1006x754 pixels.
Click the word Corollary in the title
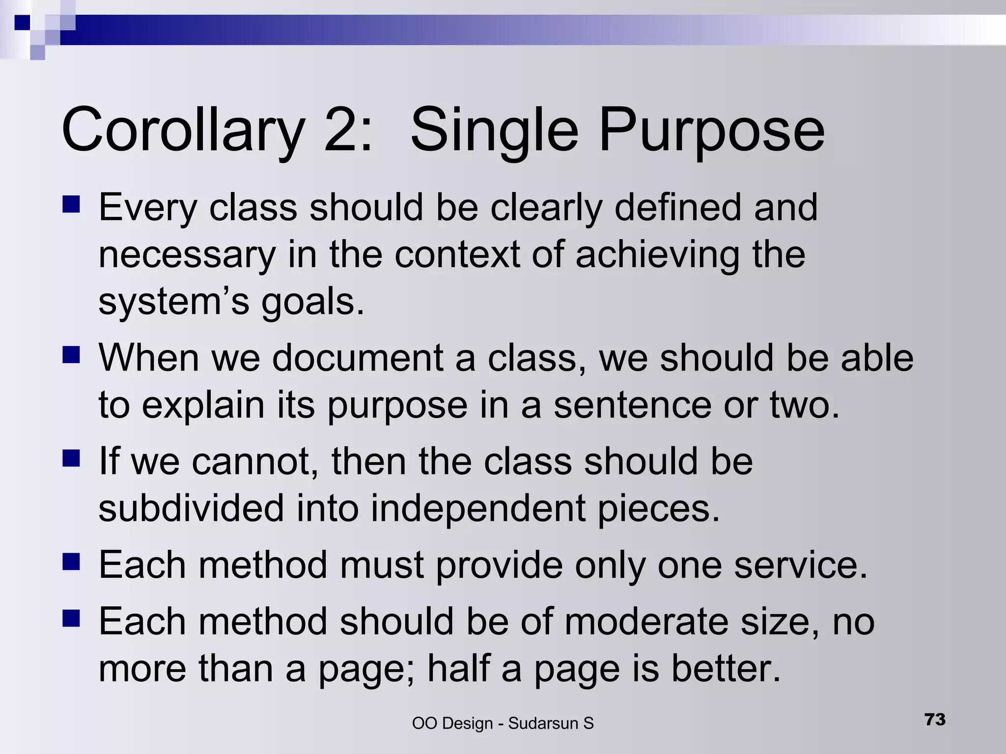coord(182,131)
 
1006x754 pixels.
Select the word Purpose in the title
coord(711,131)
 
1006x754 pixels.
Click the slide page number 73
coord(935,719)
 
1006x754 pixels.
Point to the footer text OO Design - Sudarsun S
coord(503,723)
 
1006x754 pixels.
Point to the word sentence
coord(633,405)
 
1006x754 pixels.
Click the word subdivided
coord(191,509)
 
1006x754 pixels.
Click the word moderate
coord(647,621)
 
